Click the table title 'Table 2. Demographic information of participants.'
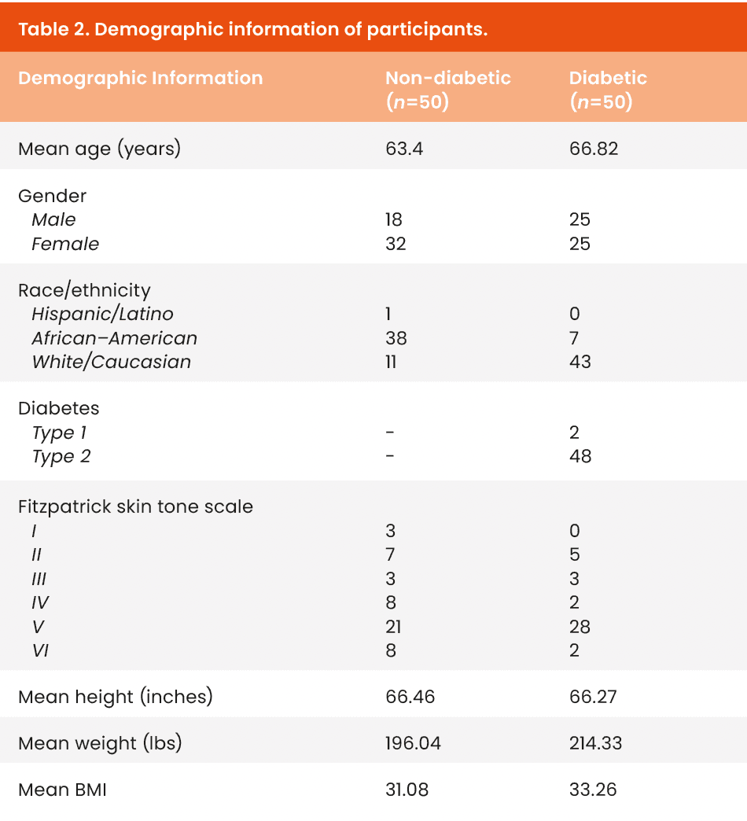pyautogui.click(x=252, y=30)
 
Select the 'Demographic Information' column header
pyautogui.click(x=140, y=79)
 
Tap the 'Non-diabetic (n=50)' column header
pyautogui.click(x=447, y=90)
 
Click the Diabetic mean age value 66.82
pyautogui.click(x=593, y=148)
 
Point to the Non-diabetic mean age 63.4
pyautogui.click(x=403, y=148)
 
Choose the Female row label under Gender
pyautogui.click(x=65, y=244)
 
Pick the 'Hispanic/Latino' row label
pyautogui.click(x=102, y=314)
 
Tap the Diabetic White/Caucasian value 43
pyautogui.click(x=580, y=362)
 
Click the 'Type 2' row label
pyautogui.click(x=61, y=456)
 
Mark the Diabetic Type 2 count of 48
pyautogui.click(x=580, y=456)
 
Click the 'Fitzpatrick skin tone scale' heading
pyautogui.click(x=135, y=506)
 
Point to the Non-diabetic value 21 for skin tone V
pyautogui.click(x=394, y=627)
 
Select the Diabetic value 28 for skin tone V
pyautogui.click(x=580, y=627)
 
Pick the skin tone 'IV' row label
pyautogui.click(x=39, y=602)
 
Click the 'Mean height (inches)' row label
pyautogui.click(x=115, y=697)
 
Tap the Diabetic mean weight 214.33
pyautogui.click(x=595, y=743)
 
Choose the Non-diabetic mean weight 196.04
pyautogui.click(x=412, y=743)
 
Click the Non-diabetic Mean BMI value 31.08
pyautogui.click(x=407, y=790)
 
